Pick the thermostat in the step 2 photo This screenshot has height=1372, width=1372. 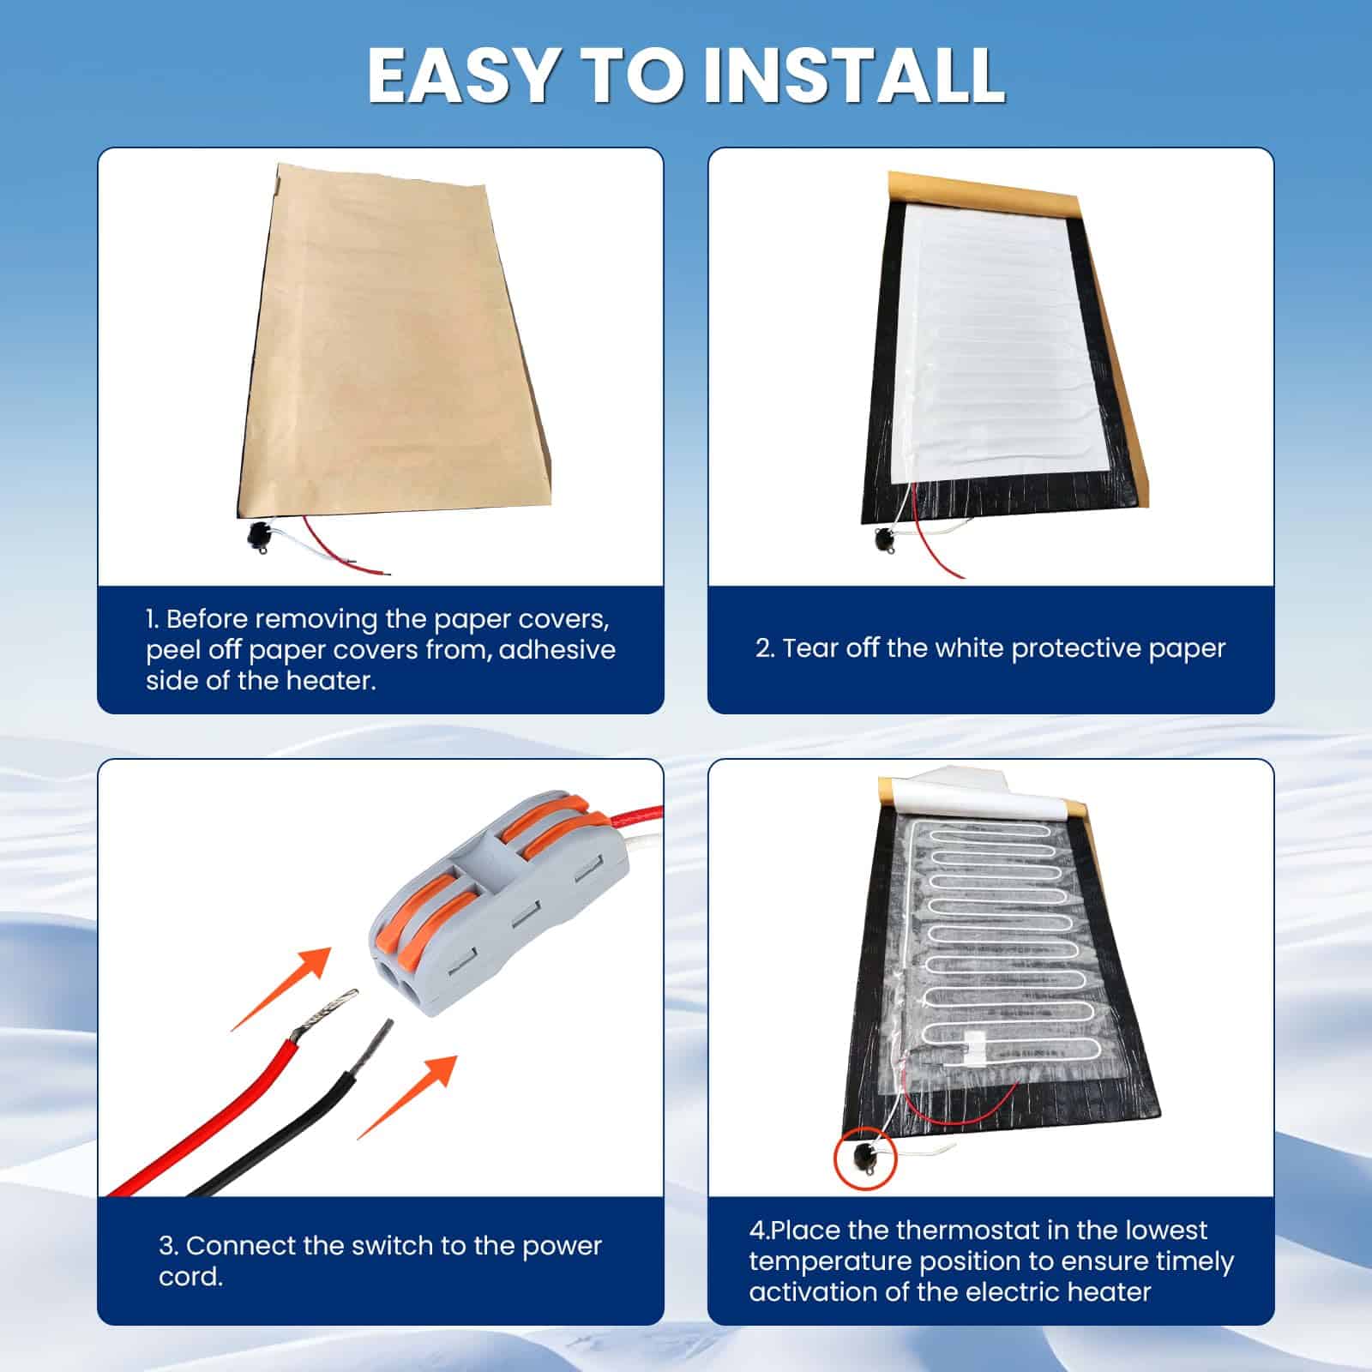pos(884,540)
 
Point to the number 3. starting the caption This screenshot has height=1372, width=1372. pos(169,1245)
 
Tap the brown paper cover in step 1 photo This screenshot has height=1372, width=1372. pos(394,343)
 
